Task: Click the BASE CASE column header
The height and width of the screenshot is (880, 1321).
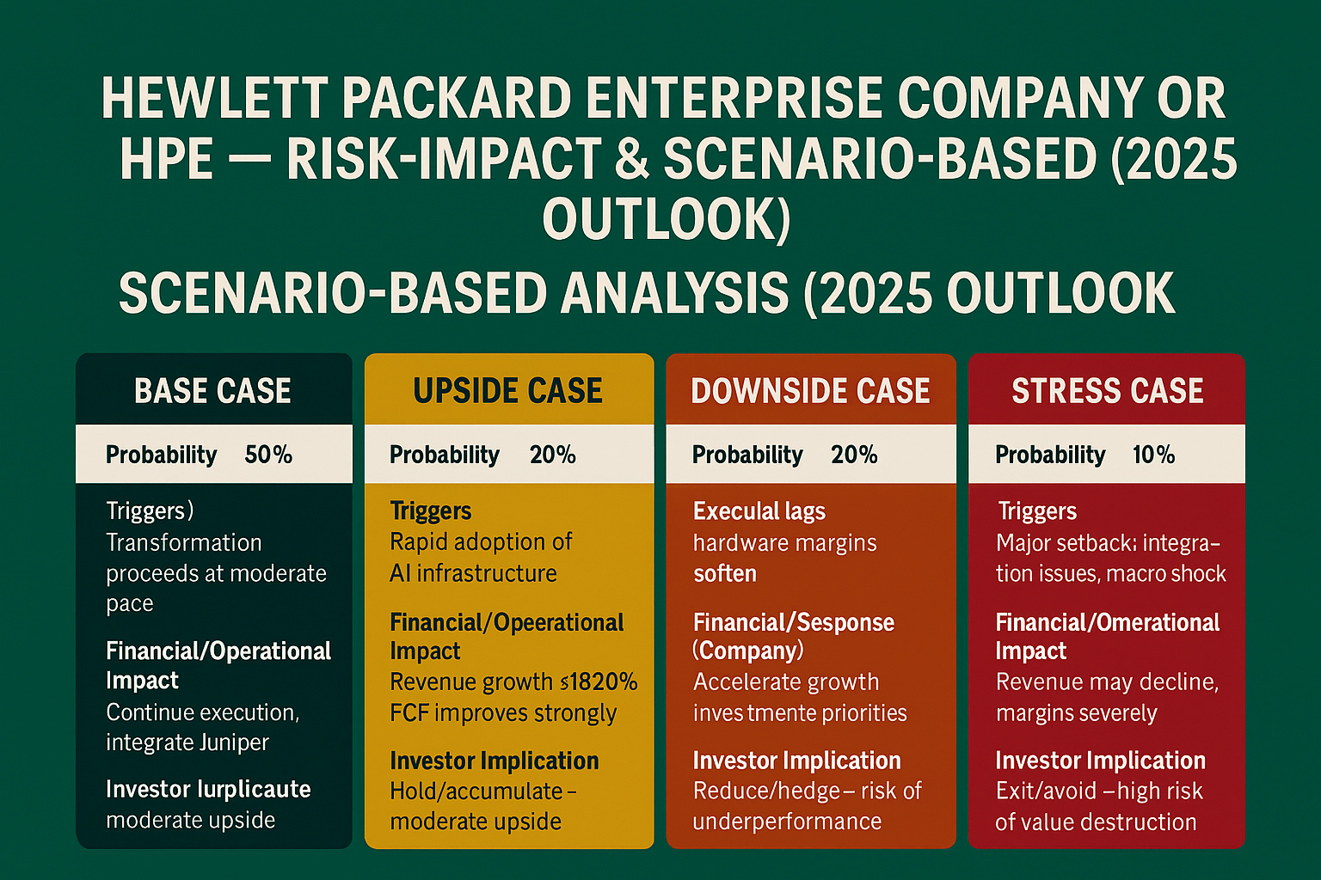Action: point(212,391)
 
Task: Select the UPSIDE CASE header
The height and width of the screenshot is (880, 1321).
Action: point(507,391)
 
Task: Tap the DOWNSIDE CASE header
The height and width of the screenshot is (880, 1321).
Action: point(810,391)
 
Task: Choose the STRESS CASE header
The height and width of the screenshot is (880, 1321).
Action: point(1107,391)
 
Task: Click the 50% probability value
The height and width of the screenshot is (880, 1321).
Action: point(268,455)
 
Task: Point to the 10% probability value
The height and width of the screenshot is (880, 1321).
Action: point(1153,455)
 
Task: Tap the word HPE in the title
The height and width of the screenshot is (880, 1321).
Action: point(166,160)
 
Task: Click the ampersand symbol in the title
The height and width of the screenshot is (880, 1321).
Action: point(632,160)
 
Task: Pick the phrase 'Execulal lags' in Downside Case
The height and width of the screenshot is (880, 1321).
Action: point(759,511)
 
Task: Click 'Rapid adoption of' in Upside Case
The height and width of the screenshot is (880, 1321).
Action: point(481,542)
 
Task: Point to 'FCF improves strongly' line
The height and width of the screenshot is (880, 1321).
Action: point(503,713)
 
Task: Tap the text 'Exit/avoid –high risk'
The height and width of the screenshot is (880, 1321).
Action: point(1098,791)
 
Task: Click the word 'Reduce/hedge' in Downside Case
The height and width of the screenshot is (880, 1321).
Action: point(754,791)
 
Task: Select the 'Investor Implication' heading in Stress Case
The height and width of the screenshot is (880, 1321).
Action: point(1100,761)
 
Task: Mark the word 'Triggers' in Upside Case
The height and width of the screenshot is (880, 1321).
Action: point(430,511)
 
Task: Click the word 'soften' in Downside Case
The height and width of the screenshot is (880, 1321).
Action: point(725,573)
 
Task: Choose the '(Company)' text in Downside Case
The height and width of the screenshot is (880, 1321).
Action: point(747,651)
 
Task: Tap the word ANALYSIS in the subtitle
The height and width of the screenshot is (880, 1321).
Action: point(675,293)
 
